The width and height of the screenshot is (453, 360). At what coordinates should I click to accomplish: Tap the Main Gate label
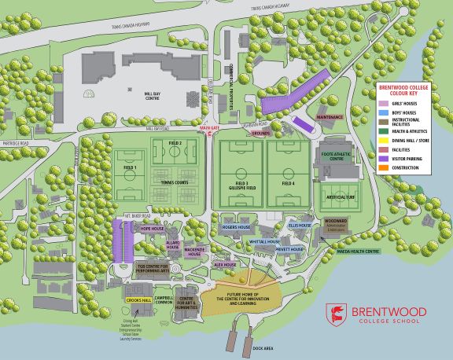click(208, 127)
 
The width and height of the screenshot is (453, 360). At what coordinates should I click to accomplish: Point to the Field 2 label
click(175, 143)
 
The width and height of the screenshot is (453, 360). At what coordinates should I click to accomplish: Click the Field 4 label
click(288, 182)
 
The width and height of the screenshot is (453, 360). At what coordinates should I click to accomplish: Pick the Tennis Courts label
click(174, 183)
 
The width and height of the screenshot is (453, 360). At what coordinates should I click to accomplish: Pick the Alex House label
click(226, 265)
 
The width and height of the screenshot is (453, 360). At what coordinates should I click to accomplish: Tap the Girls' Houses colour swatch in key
click(385, 103)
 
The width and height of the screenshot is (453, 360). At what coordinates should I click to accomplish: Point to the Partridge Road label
click(16, 143)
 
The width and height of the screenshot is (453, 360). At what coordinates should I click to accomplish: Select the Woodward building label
click(336, 222)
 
